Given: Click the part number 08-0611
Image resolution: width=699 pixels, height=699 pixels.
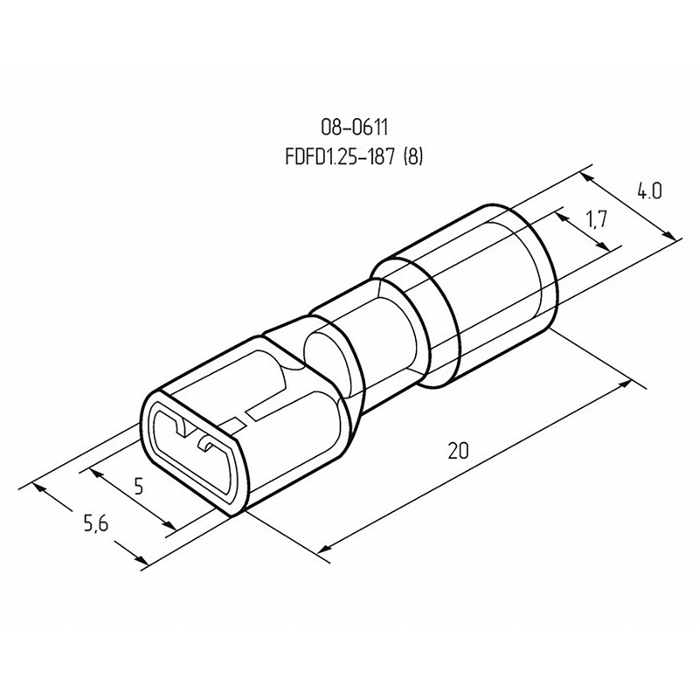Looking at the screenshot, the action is [355, 128].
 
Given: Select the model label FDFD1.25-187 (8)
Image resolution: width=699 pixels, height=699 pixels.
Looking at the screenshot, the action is [354, 157].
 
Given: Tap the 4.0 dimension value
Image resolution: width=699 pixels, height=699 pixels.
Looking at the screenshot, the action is [649, 191].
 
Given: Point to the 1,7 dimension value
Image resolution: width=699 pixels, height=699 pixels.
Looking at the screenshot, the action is [597, 219].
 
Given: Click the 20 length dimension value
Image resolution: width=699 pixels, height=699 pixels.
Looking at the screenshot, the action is [458, 451].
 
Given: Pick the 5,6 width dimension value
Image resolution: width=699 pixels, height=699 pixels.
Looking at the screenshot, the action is [96, 523].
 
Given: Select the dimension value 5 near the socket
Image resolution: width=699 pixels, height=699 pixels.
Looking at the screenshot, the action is [139, 486].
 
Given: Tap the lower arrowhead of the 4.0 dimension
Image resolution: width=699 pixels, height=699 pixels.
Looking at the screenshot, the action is [668, 234].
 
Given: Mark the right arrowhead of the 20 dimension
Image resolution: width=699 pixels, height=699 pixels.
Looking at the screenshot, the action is [625, 384].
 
